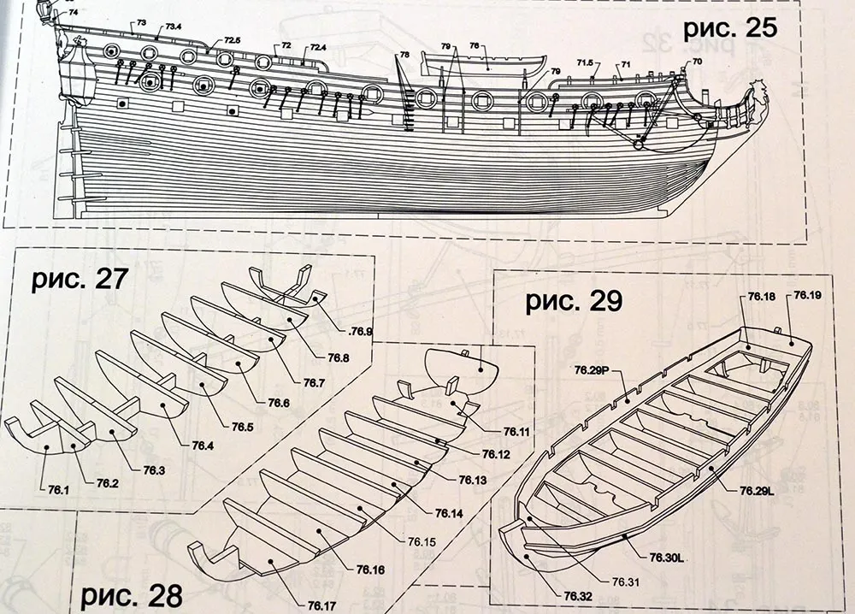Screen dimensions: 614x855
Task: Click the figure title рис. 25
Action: (x=729, y=27)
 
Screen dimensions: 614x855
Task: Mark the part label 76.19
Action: (x=807, y=296)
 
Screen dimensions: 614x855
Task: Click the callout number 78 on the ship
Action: (x=404, y=55)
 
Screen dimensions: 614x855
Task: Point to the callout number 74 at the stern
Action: (x=71, y=13)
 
